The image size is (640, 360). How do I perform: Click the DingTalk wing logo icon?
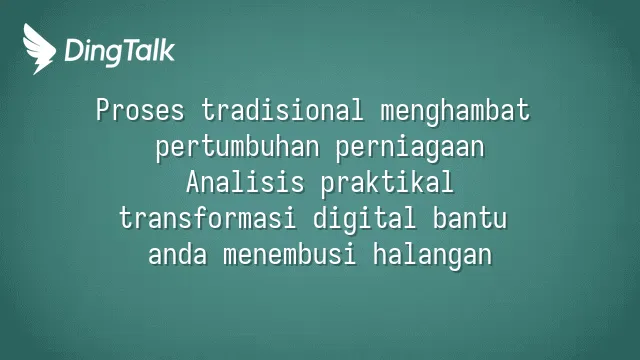[39, 49]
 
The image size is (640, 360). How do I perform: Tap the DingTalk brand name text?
[120, 52]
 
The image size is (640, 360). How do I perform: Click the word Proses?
[140, 110]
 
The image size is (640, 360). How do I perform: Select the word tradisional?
[282, 109]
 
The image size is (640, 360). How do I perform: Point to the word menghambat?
[455, 111]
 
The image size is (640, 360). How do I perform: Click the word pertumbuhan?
[237, 147]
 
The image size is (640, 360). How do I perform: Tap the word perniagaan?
[410, 148]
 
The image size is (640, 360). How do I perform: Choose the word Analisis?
[245, 182]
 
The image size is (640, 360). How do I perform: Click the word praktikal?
[387, 183]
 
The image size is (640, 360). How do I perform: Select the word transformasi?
[207, 218]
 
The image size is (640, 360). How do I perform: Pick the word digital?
[364, 219]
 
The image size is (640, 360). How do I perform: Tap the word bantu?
[469, 218]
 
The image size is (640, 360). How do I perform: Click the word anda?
[178, 253]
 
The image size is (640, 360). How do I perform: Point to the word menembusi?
[289, 253]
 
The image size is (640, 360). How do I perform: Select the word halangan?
[432, 255]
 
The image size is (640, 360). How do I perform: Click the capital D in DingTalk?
[74, 50]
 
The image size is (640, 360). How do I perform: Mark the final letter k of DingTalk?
[168, 50]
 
